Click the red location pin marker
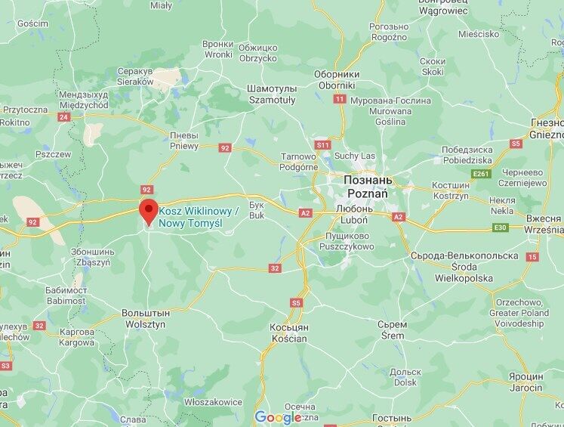146,212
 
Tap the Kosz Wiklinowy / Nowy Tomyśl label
197,219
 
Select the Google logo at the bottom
277,417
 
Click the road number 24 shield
63,117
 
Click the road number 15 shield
533,257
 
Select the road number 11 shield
340,99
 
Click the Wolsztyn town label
146,317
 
